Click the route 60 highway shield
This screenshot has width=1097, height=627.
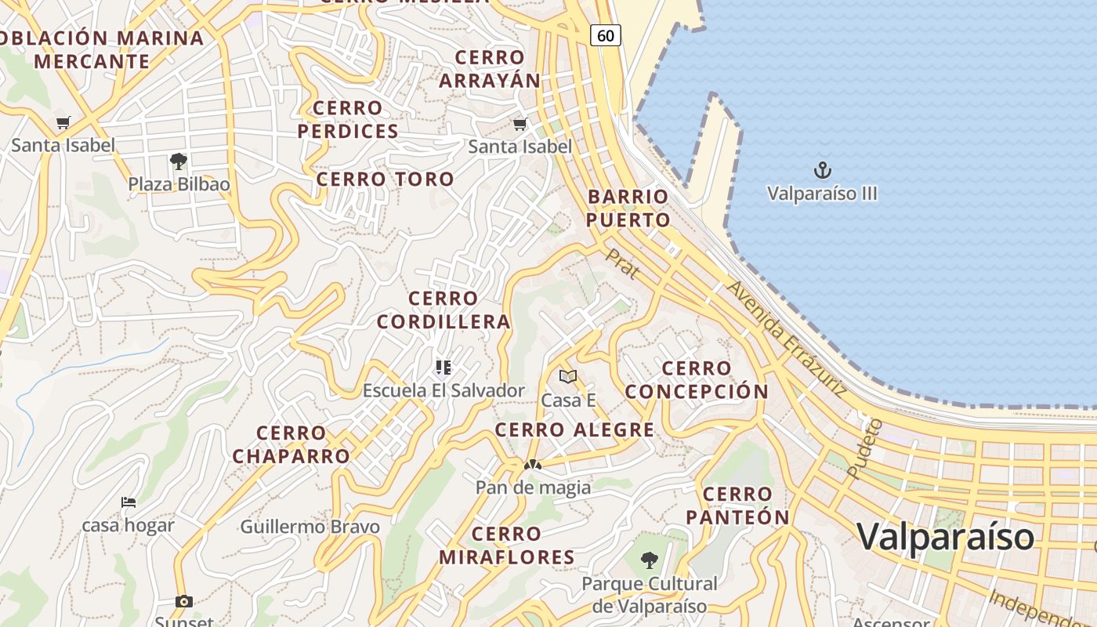coord(605,35)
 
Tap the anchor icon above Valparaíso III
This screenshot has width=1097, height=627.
coord(822,170)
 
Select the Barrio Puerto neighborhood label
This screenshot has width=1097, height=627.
coord(628,208)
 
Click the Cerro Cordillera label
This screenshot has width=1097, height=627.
coord(444,310)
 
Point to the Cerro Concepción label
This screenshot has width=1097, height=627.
coord(697,379)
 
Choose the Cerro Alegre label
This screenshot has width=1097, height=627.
coord(574,429)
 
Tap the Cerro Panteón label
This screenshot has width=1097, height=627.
coord(737,506)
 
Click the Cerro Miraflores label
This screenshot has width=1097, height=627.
coord(507,545)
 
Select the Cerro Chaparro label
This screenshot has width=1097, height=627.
coord(291,444)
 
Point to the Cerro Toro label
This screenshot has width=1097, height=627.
coord(386,179)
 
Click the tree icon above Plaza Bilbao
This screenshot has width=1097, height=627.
coord(179,162)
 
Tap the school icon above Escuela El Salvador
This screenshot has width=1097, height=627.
coord(444,367)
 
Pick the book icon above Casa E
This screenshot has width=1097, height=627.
coord(568,377)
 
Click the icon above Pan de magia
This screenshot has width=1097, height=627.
coord(533,465)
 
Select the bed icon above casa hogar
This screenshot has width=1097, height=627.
coord(129,502)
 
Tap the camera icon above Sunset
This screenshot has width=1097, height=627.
coord(184,601)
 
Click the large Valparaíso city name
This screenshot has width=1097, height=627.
coord(945,537)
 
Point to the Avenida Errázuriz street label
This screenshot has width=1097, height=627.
coord(786,339)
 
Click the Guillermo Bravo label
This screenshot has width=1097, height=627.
coord(310,527)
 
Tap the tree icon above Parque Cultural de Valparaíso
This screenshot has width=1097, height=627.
coord(649,560)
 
